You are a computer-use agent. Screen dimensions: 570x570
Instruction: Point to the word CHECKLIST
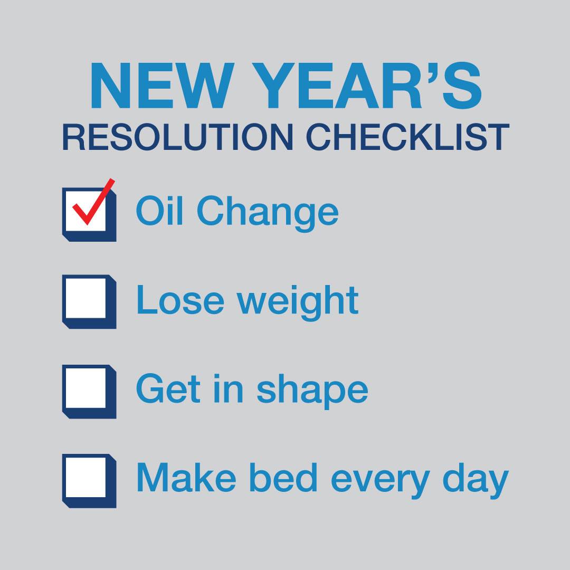(x=407, y=137)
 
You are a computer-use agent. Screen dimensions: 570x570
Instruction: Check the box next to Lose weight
(x=89, y=301)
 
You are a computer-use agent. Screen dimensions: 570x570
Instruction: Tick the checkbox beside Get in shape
(x=89, y=391)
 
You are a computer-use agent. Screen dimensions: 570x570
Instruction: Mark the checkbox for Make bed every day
(x=89, y=481)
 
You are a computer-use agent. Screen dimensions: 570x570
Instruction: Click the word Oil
(x=159, y=211)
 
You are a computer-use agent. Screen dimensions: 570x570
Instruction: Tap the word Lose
(x=180, y=300)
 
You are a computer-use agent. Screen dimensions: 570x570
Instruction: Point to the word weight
(x=298, y=302)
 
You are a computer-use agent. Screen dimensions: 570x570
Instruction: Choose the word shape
(x=312, y=391)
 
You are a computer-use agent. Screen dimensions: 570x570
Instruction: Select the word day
(x=476, y=481)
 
